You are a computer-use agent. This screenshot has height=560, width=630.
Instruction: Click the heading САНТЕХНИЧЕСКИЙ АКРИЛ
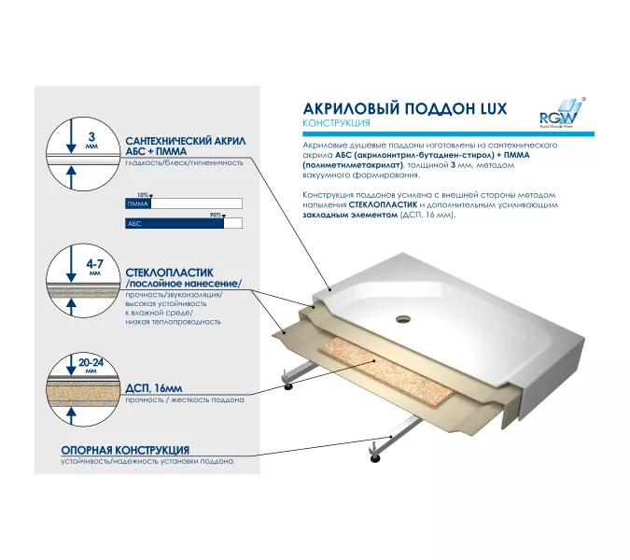pos(185,139)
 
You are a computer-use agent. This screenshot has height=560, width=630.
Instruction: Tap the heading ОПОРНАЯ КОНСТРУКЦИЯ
pos(125,450)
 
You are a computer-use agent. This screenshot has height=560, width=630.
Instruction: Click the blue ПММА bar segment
pos(138,203)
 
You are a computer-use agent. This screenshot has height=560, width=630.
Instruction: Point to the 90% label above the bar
pos(216,215)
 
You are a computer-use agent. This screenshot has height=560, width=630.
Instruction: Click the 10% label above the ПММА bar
pos(142,194)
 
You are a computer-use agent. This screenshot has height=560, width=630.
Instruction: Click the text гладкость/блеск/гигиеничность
pos(184,161)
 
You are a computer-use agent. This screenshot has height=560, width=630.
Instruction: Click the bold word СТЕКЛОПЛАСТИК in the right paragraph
pos(382,203)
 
